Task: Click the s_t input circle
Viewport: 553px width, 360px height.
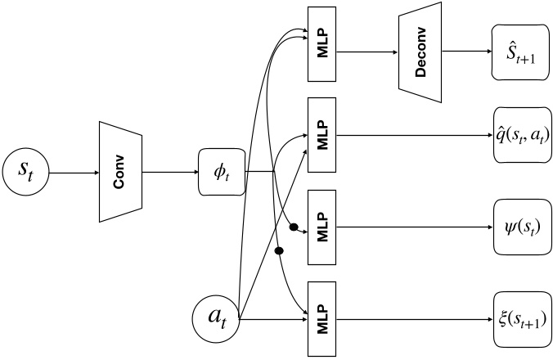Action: [28, 173]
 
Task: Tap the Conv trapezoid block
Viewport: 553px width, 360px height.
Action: [119, 173]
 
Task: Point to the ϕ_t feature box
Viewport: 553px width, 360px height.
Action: [222, 172]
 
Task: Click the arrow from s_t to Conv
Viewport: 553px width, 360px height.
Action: [74, 173]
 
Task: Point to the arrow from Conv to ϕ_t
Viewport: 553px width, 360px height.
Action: [170, 173]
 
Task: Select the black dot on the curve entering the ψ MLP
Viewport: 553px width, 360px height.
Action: [292, 225]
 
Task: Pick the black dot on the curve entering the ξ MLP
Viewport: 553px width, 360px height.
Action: [278, 250]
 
